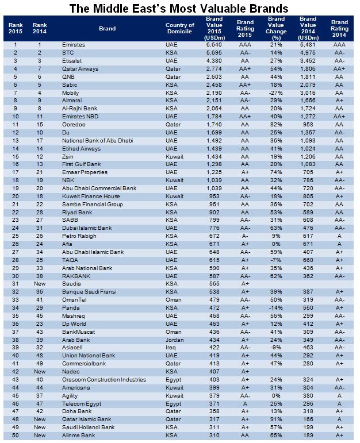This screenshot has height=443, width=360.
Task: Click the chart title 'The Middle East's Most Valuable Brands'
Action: point(179,9)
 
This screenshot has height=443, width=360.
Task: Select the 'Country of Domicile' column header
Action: point(179,28)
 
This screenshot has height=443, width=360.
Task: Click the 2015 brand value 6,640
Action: point(214,44)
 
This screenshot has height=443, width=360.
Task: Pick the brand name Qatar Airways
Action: point(79,68)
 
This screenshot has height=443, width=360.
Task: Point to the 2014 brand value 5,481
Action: point(308,44)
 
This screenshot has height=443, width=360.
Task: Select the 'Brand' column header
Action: point(108,28)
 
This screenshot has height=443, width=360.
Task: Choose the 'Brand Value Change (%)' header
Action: point(277,28)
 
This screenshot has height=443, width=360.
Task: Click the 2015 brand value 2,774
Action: point(214,68)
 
